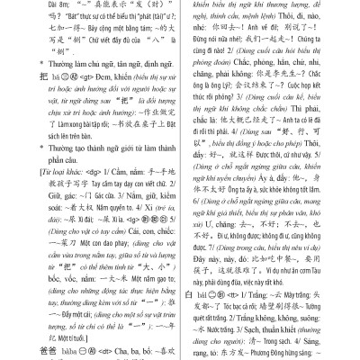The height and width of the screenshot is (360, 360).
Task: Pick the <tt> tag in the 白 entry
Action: click(x=236, y=294)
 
